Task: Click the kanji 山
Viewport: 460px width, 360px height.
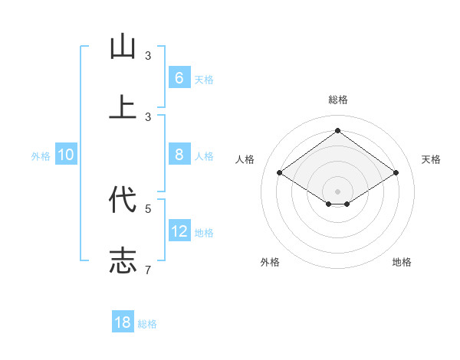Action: tap(123, 47)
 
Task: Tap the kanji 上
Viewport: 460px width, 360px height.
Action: tap(123, 107)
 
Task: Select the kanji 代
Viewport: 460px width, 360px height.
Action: tap(123, 200)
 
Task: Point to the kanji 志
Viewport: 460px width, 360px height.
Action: tap(123, 260)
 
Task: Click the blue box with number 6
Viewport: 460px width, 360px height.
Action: tap(179, 78)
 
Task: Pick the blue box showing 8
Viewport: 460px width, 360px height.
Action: tap(179, 155)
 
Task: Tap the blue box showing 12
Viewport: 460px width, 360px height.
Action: tap(179, 231)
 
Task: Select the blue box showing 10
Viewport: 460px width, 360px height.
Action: tap(66, 155)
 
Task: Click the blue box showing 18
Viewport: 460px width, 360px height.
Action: tap(123, 322)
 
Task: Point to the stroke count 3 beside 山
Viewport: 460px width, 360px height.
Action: tap(148, 56)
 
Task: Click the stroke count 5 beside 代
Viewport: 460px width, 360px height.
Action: tap(148, 208)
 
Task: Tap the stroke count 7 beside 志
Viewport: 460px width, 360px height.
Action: tap(148, 270)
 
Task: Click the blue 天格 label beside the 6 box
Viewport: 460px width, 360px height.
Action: tap(204, 79)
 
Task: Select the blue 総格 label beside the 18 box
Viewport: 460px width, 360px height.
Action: tap(147, 323)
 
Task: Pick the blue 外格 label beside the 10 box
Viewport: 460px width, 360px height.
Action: tap(41, 155)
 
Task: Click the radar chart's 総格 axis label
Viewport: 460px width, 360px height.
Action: tap(337, 100)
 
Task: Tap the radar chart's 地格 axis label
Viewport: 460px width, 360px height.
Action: tap(402, 262)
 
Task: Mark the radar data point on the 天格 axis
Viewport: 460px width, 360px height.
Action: tap(396, 173)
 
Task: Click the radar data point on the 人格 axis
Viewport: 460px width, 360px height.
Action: tap(280, 173)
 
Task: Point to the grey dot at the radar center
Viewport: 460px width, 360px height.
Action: tap(337, 191)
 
